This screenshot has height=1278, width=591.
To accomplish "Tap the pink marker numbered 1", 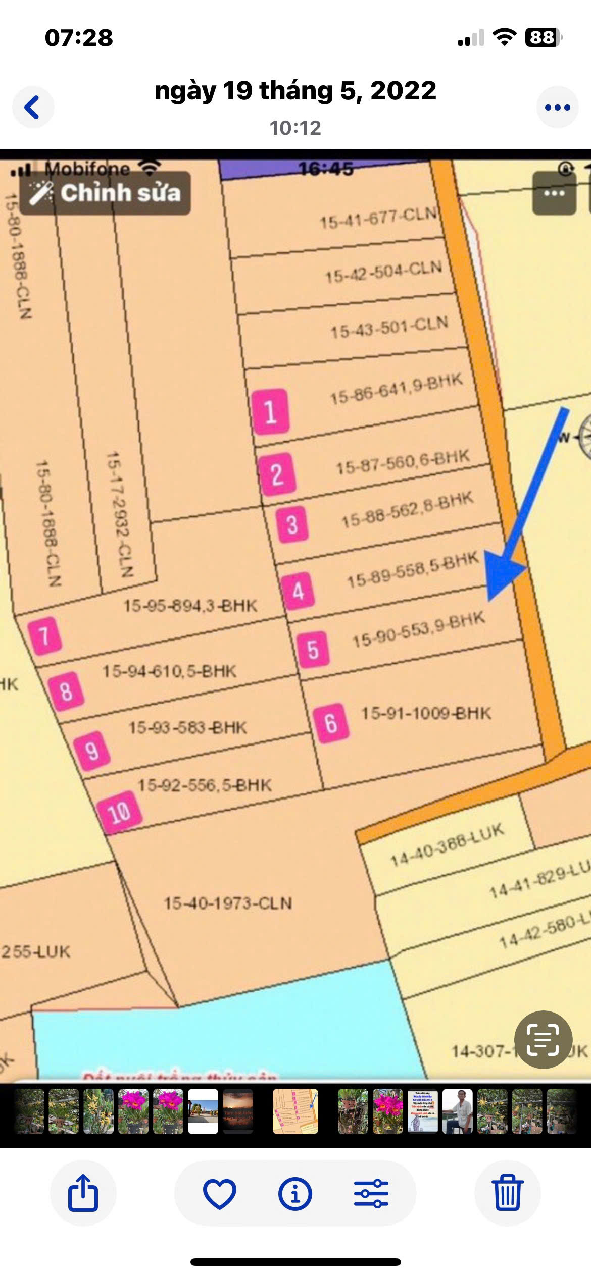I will (271, 411).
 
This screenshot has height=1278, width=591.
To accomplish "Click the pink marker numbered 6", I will (331, 723).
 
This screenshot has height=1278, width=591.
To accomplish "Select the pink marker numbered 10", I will (119, 812).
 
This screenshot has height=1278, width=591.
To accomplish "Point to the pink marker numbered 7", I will (45, 636).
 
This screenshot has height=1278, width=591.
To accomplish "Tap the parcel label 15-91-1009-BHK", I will (426, 713).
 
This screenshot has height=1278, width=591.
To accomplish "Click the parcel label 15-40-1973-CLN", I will (228, 903).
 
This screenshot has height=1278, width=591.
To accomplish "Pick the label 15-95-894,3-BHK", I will (190, 605).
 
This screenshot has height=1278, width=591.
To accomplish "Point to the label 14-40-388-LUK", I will (448, 844).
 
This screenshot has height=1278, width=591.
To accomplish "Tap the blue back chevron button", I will (33, 107).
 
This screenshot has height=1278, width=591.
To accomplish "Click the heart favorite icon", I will (219, 1193).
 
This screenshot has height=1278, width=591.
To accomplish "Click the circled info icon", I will (295, 1193).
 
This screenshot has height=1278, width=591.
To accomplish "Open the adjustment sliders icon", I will (371, 1193).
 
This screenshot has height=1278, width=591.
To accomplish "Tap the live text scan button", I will (543, 1040).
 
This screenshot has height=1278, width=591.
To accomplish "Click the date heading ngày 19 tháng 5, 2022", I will (295, 91).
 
